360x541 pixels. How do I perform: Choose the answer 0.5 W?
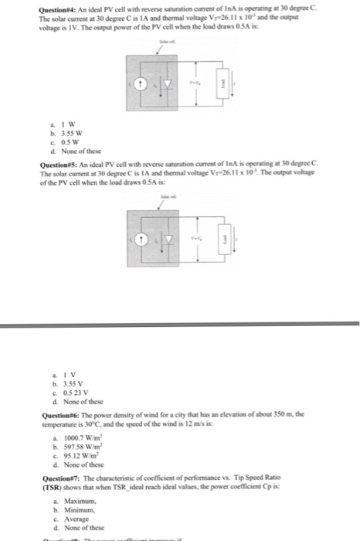59,140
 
